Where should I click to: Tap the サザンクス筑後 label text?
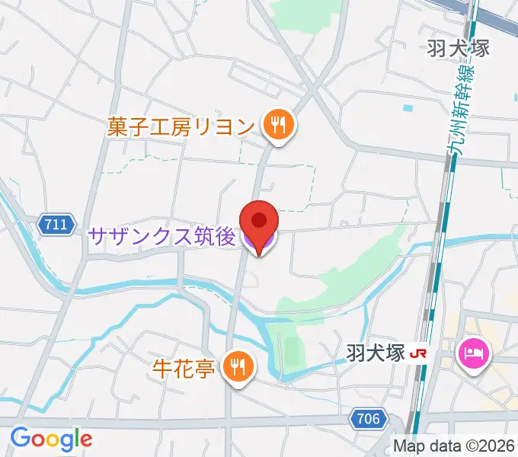161,237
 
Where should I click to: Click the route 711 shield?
57,225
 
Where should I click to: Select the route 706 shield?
369,418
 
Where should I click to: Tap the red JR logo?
417,353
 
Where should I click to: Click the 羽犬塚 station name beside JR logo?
374,353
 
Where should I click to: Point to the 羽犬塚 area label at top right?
458,48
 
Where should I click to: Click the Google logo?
51,439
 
